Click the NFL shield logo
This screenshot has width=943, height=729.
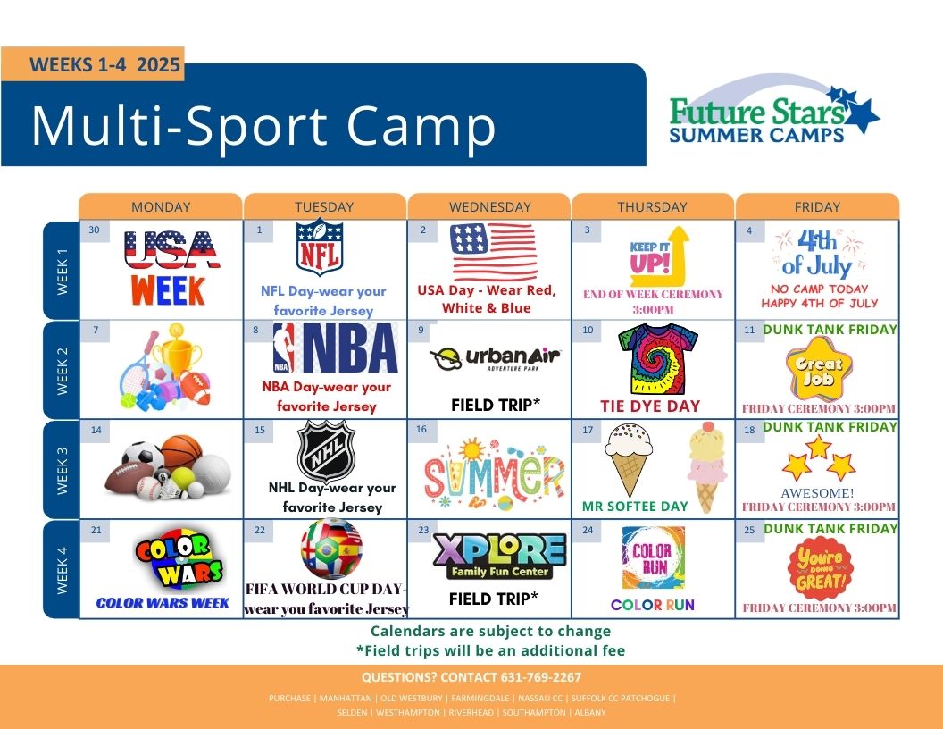tap(320, 247)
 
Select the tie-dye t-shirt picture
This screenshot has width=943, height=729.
tap(657, 360)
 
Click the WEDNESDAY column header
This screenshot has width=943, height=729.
tap(489, 207)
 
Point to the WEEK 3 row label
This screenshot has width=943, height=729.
tap(62, 470)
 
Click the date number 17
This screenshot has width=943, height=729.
tap(588, 430)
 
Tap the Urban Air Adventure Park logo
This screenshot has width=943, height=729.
tap(495, 358)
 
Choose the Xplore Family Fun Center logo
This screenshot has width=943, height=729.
tap(498, 557)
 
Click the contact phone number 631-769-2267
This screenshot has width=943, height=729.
tap(540, 677)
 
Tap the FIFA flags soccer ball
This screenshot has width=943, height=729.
tap(331, 549)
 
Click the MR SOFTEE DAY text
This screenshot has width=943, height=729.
tap(635, 507)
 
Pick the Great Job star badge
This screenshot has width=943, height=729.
tap(819, 370)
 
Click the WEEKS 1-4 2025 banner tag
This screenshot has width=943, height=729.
tap(93, 64)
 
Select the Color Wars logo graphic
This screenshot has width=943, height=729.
tap(179, 559)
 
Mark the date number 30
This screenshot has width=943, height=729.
tap(94, 230)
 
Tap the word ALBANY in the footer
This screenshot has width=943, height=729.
tap(590, 713)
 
